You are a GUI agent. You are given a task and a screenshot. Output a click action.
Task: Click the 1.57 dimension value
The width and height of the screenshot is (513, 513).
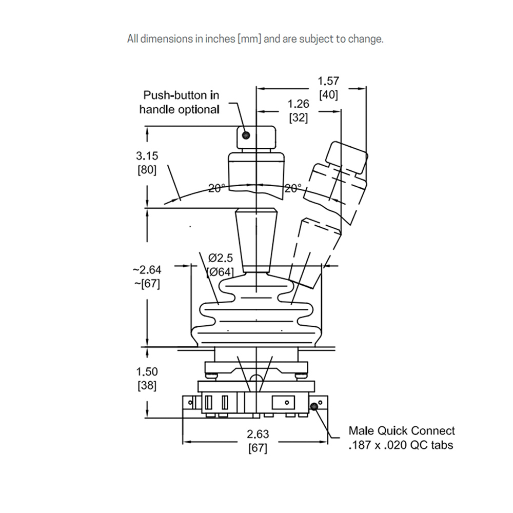[328, 81]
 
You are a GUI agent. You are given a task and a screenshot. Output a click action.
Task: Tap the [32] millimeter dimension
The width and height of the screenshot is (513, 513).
[299, 118]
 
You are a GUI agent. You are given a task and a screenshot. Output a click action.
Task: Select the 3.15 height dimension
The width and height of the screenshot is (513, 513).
[147, 156]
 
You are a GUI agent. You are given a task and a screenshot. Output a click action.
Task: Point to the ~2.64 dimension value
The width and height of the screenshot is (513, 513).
[147, 270]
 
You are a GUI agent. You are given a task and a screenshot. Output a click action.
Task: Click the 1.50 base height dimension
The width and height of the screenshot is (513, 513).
[147, 371]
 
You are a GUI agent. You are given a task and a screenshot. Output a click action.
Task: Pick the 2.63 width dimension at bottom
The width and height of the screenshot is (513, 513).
[258, 434]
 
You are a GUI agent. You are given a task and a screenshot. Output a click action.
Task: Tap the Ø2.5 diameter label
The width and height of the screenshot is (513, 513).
[221, 258]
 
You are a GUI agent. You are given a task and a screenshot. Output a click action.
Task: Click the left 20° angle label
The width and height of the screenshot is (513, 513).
[216, 188]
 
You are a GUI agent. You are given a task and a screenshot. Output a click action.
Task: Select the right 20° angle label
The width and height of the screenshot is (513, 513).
[293, 188]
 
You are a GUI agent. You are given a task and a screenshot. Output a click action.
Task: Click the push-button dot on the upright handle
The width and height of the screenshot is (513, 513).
[246, 135]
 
